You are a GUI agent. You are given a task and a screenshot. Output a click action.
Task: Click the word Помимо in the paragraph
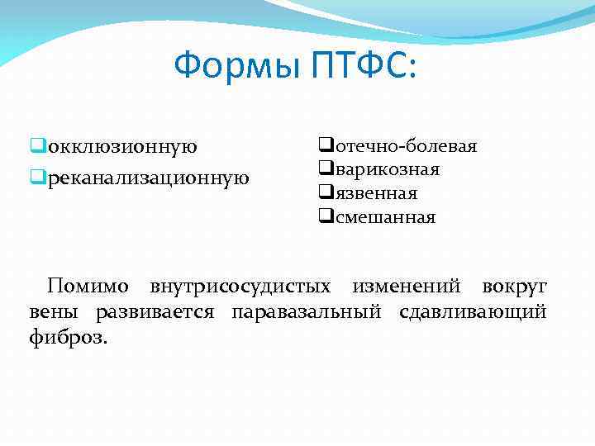tap(88, 287)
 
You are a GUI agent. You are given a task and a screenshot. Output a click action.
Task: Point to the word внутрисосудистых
tap(240, 287)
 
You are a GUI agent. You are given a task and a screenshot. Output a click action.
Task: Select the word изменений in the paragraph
tap(407, 287)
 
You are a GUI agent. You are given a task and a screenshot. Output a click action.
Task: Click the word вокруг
tap(515, 287)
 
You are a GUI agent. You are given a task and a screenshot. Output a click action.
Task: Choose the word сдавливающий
tap(474, 312)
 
